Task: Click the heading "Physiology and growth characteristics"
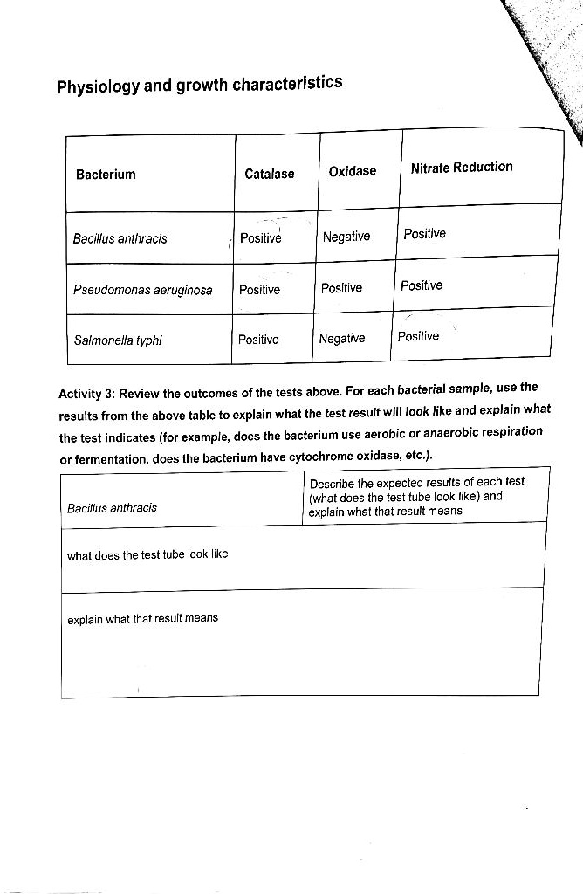pos(199,86)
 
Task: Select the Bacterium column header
pos(106,175)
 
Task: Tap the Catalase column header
pos(269,174)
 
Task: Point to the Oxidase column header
pos(352,171)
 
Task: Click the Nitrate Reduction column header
pos(462,168)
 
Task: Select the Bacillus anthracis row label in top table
pos(120,238)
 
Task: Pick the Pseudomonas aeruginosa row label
pos(143,290)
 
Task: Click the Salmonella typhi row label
pos(118,340)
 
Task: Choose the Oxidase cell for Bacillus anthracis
pos(346,237)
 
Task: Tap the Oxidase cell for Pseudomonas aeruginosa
pos(341,288)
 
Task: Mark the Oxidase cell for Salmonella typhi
pos(342,339)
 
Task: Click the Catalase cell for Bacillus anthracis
pos(260,238)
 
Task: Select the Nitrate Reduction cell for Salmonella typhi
pos(418,337)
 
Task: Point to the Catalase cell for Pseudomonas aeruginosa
pos(259,290)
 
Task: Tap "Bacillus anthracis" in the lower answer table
pos(112,507)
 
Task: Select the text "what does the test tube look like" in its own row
pos(147,554)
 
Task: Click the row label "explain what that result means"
pos(142,619)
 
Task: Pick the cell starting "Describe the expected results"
pos(416,497)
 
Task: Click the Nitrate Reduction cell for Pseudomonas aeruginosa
pos(422,285)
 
